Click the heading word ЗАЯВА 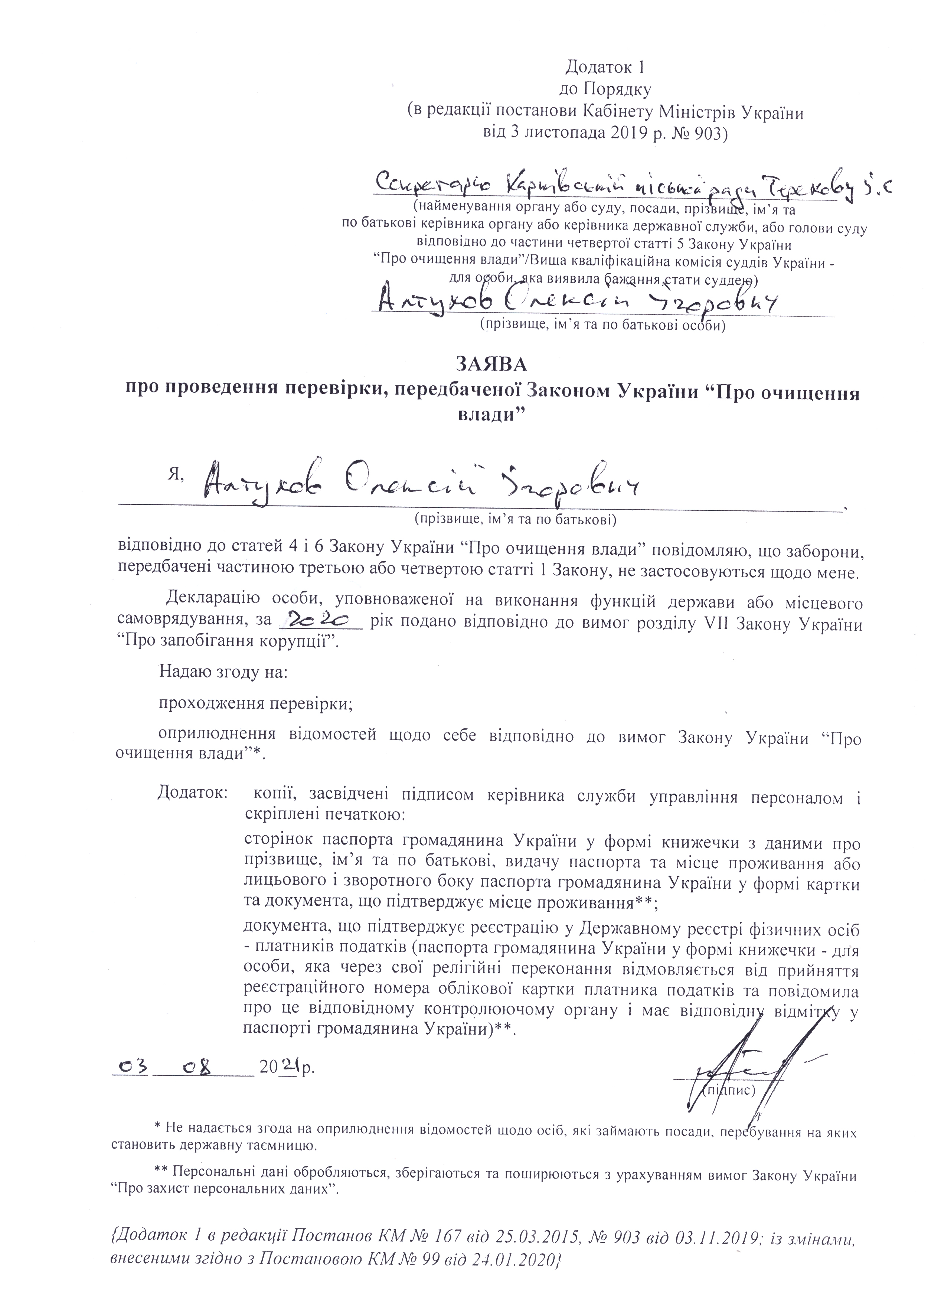tap(491, 364)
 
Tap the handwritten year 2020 tap(319, 619)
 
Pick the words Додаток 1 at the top tap(605, 68)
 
